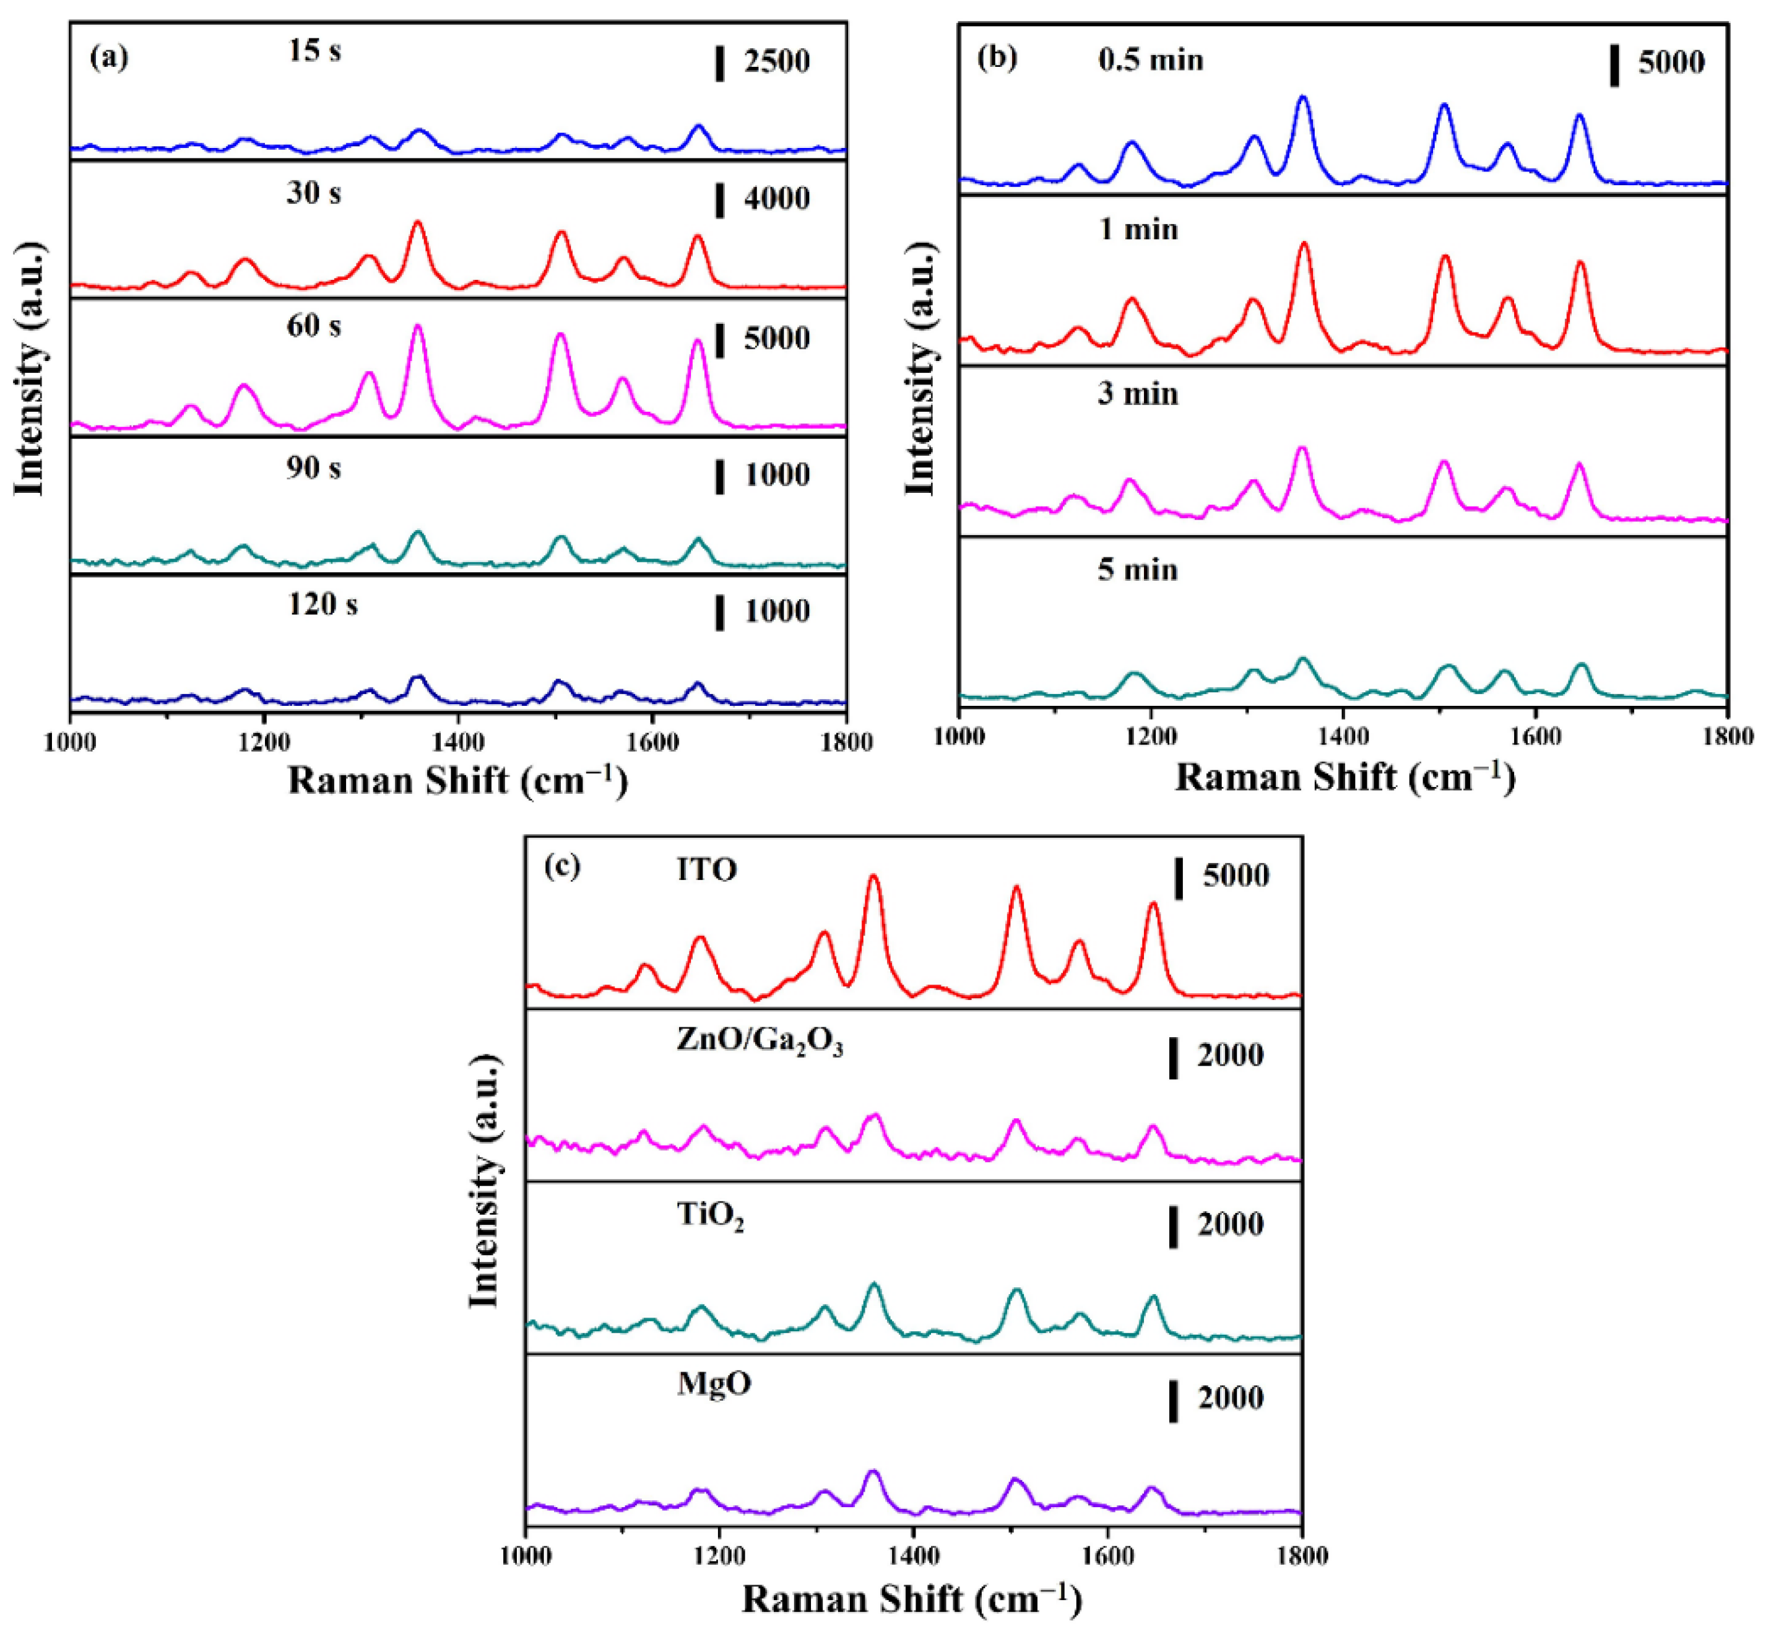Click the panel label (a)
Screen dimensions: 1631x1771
pyautogui.click(x=110, y=58)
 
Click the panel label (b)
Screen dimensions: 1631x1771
pyautogui.click(x=998, y=58)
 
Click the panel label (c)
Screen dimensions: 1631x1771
pyautogui.click(x=563, y=867)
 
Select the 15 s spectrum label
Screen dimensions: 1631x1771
pyautogui.click(x=314, y=51)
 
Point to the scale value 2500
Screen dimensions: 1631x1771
pyautogui.click(x=776, y=63)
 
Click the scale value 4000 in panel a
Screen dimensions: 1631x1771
pyautogui.click(x=776, y=199)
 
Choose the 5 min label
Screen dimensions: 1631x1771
pyautogui.click(x=1137, y=570)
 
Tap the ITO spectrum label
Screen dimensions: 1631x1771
pyautogui.click(x=707, y=871)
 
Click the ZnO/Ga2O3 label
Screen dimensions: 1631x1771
pyautogui.click(x=760, y=1042)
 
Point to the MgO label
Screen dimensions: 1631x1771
pyautogui.click(x=714, y=1383)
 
